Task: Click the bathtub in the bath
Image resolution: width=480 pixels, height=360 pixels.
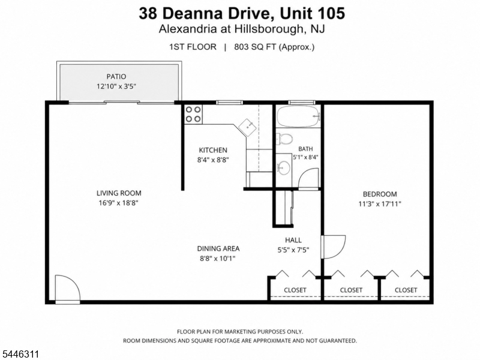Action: click(298, 116)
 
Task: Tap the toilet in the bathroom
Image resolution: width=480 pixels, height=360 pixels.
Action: click(284, 139)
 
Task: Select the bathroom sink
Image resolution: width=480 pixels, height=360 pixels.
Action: click(284, 167)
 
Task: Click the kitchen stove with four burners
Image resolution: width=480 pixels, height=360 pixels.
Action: click(193, 114)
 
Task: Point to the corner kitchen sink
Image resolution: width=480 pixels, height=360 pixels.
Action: click(247, 127)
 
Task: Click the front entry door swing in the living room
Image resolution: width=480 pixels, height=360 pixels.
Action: click(68, 288)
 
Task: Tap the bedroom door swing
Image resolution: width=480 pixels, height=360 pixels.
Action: click(334, 247)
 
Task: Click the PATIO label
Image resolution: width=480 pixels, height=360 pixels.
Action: click(116, 77)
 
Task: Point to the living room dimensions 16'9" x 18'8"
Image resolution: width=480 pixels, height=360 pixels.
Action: click(119, 203)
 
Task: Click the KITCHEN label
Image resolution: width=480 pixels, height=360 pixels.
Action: click(213, 150)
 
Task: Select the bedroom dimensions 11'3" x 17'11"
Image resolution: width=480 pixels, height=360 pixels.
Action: click(380, 204)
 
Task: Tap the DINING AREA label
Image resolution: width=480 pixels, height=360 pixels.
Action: click(218, 248)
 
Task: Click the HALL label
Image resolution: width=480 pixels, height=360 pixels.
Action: click(293, 240)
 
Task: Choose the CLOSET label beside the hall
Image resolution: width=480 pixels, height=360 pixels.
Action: click(295, 290)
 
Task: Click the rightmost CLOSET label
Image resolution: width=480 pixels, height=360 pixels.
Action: click(406, 290)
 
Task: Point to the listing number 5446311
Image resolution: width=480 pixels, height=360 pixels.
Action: click(20, 354)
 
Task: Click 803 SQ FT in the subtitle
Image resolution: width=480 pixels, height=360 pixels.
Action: click(256, 47)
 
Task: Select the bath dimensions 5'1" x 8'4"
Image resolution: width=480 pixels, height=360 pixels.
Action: click(305, 157)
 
